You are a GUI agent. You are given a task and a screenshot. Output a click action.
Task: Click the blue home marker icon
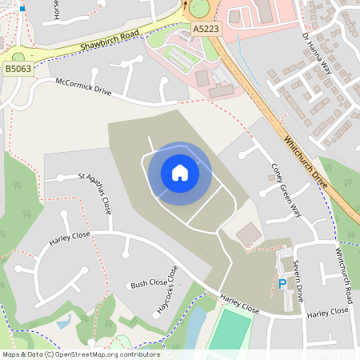(179, 172)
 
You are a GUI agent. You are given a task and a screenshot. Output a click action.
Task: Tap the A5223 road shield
(206, 29)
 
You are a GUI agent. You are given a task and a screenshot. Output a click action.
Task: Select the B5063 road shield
(18, 70)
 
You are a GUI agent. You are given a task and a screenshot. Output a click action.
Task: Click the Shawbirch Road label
(110, 38)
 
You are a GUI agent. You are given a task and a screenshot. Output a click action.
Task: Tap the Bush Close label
(149, 283)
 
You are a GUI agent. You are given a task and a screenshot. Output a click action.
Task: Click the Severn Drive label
(297, 280)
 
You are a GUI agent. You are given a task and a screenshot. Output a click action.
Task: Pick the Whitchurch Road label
(343, 273)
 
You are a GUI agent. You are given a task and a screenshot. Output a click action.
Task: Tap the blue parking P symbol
(282, 284)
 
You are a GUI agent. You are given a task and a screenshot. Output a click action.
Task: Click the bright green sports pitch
(231, 330)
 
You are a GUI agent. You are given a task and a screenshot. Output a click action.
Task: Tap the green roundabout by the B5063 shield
(18, 56)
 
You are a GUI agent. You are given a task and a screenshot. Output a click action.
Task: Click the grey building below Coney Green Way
(249, 234)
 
